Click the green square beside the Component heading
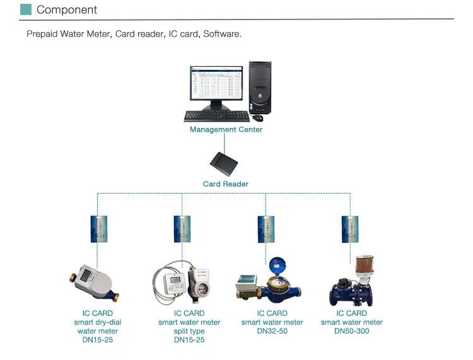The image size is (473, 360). [25, 9]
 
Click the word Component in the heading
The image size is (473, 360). [67, 9]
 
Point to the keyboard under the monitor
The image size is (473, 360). [216, 116]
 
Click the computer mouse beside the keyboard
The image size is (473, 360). [257, 117]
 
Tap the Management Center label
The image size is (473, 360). [226, 130]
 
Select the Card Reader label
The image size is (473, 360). [226, 184]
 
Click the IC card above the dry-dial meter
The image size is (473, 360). [98, 228]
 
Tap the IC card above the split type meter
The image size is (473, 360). [182, 228]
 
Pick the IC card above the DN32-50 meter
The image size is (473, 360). [266, 228]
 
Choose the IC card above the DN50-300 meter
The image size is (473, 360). [350, 228]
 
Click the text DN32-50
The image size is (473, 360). [272, 331]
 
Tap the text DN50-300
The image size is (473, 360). [352, 331]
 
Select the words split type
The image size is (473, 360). [189, 331]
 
